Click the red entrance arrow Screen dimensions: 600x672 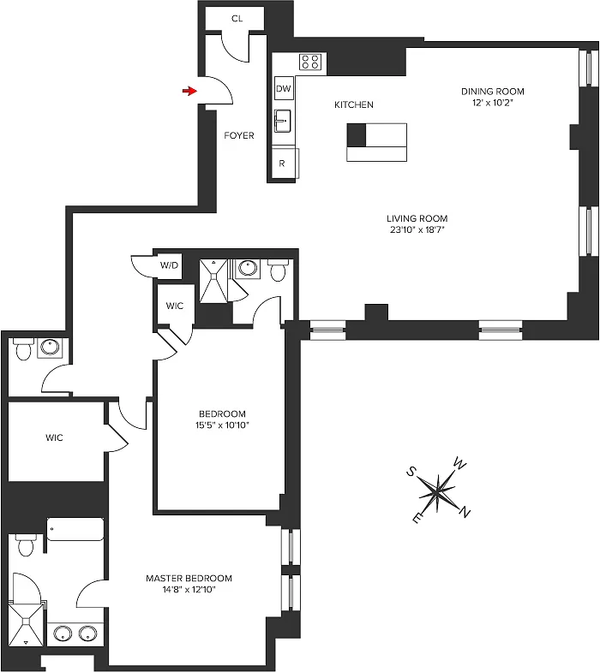coord(189,91)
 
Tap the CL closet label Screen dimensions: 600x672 coord(237,19)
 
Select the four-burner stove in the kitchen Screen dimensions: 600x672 coord(311,62)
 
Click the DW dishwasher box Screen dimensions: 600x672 coord(283,88)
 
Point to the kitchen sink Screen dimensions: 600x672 coord(283,121)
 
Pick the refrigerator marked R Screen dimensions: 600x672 coord(284,163)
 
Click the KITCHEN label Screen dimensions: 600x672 coord(354,104)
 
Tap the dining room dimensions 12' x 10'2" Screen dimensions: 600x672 coord(492,103)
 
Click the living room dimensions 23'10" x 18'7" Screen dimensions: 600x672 coord(417,229)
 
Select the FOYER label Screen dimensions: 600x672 coord(239,135)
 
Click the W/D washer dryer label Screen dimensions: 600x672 coord(169,265)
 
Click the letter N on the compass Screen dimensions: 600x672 coord(465,511)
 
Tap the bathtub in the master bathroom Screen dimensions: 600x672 coord(75,530)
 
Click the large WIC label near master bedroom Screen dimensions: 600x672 coord(54,437)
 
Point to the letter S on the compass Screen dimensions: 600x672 coord(411,472)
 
